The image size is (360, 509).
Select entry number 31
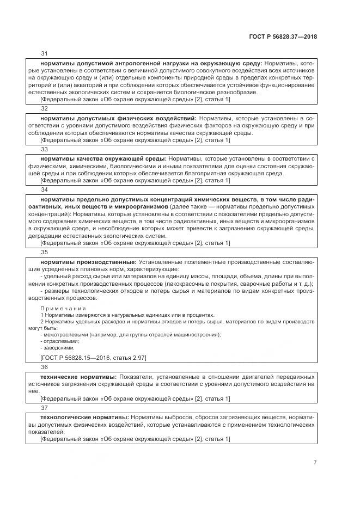(45, 53)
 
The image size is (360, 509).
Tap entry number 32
(45, 109)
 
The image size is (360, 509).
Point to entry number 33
(45, 149)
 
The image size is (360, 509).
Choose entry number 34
(45, 189)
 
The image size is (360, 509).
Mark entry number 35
(45, 252)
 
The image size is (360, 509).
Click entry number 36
(45, 367)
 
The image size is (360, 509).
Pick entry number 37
(45, 407)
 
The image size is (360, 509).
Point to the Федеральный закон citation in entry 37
(135, 439)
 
